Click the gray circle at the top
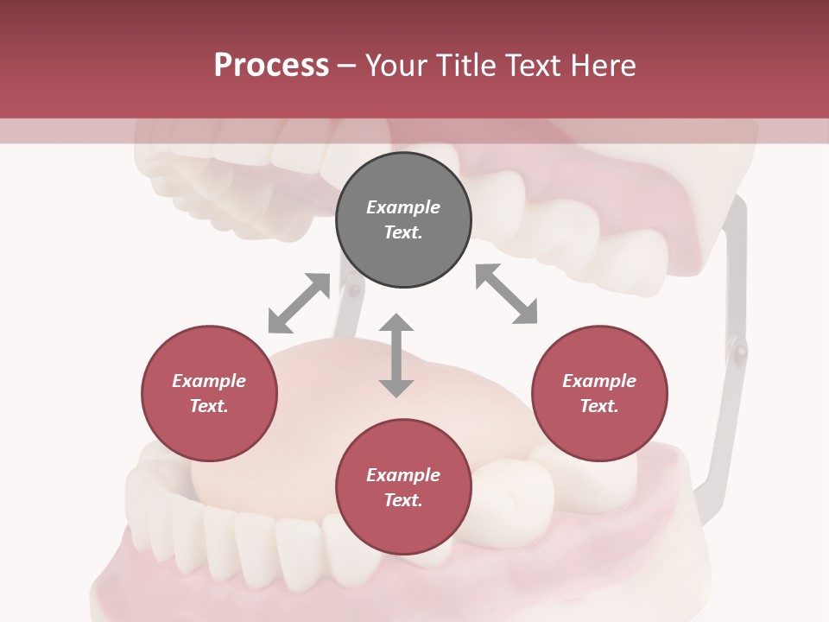coord(403,220)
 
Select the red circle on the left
coord(209,394)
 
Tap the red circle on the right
coord(599,394)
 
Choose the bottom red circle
coord(403,487)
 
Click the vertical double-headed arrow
coord(396,356)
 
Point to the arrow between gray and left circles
coord(299,303)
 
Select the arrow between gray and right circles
coord(507,294)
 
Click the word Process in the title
coord(271,65)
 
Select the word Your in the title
coord(397,65)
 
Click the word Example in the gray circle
coord(403,207)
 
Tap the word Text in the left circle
coord(209,406)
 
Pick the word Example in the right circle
coord(599,381)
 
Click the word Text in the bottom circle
coord(403,500)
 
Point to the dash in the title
coord(347,67)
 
